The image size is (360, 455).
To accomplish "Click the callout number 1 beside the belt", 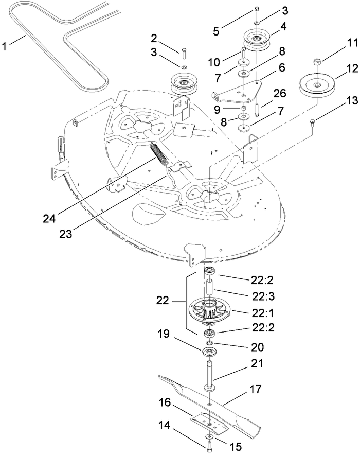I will tap(6, 46).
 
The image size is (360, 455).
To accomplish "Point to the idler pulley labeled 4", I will tap(258, 39).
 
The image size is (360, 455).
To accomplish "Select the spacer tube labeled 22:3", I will tap(211, 289).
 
